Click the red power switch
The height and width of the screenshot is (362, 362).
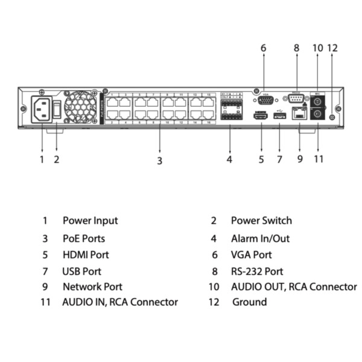click(57, 110)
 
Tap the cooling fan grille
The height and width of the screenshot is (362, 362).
click(79, 108)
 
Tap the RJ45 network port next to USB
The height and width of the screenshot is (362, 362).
click(299, 113)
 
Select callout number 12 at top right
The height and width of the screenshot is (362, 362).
click(332, 47)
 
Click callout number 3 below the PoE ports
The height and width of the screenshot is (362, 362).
click(159, 160)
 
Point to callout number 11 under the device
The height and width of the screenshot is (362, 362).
click(319, 159)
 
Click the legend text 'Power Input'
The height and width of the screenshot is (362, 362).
click(90, 221)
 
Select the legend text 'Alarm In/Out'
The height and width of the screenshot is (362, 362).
click(260, 238)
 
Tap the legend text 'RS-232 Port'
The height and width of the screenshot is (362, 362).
click(257, 271)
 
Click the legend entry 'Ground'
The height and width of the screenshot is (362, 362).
click(249, 302)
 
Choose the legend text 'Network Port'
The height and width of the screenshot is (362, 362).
click(92, 287)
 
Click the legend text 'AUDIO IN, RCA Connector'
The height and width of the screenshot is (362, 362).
click(120, 302)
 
